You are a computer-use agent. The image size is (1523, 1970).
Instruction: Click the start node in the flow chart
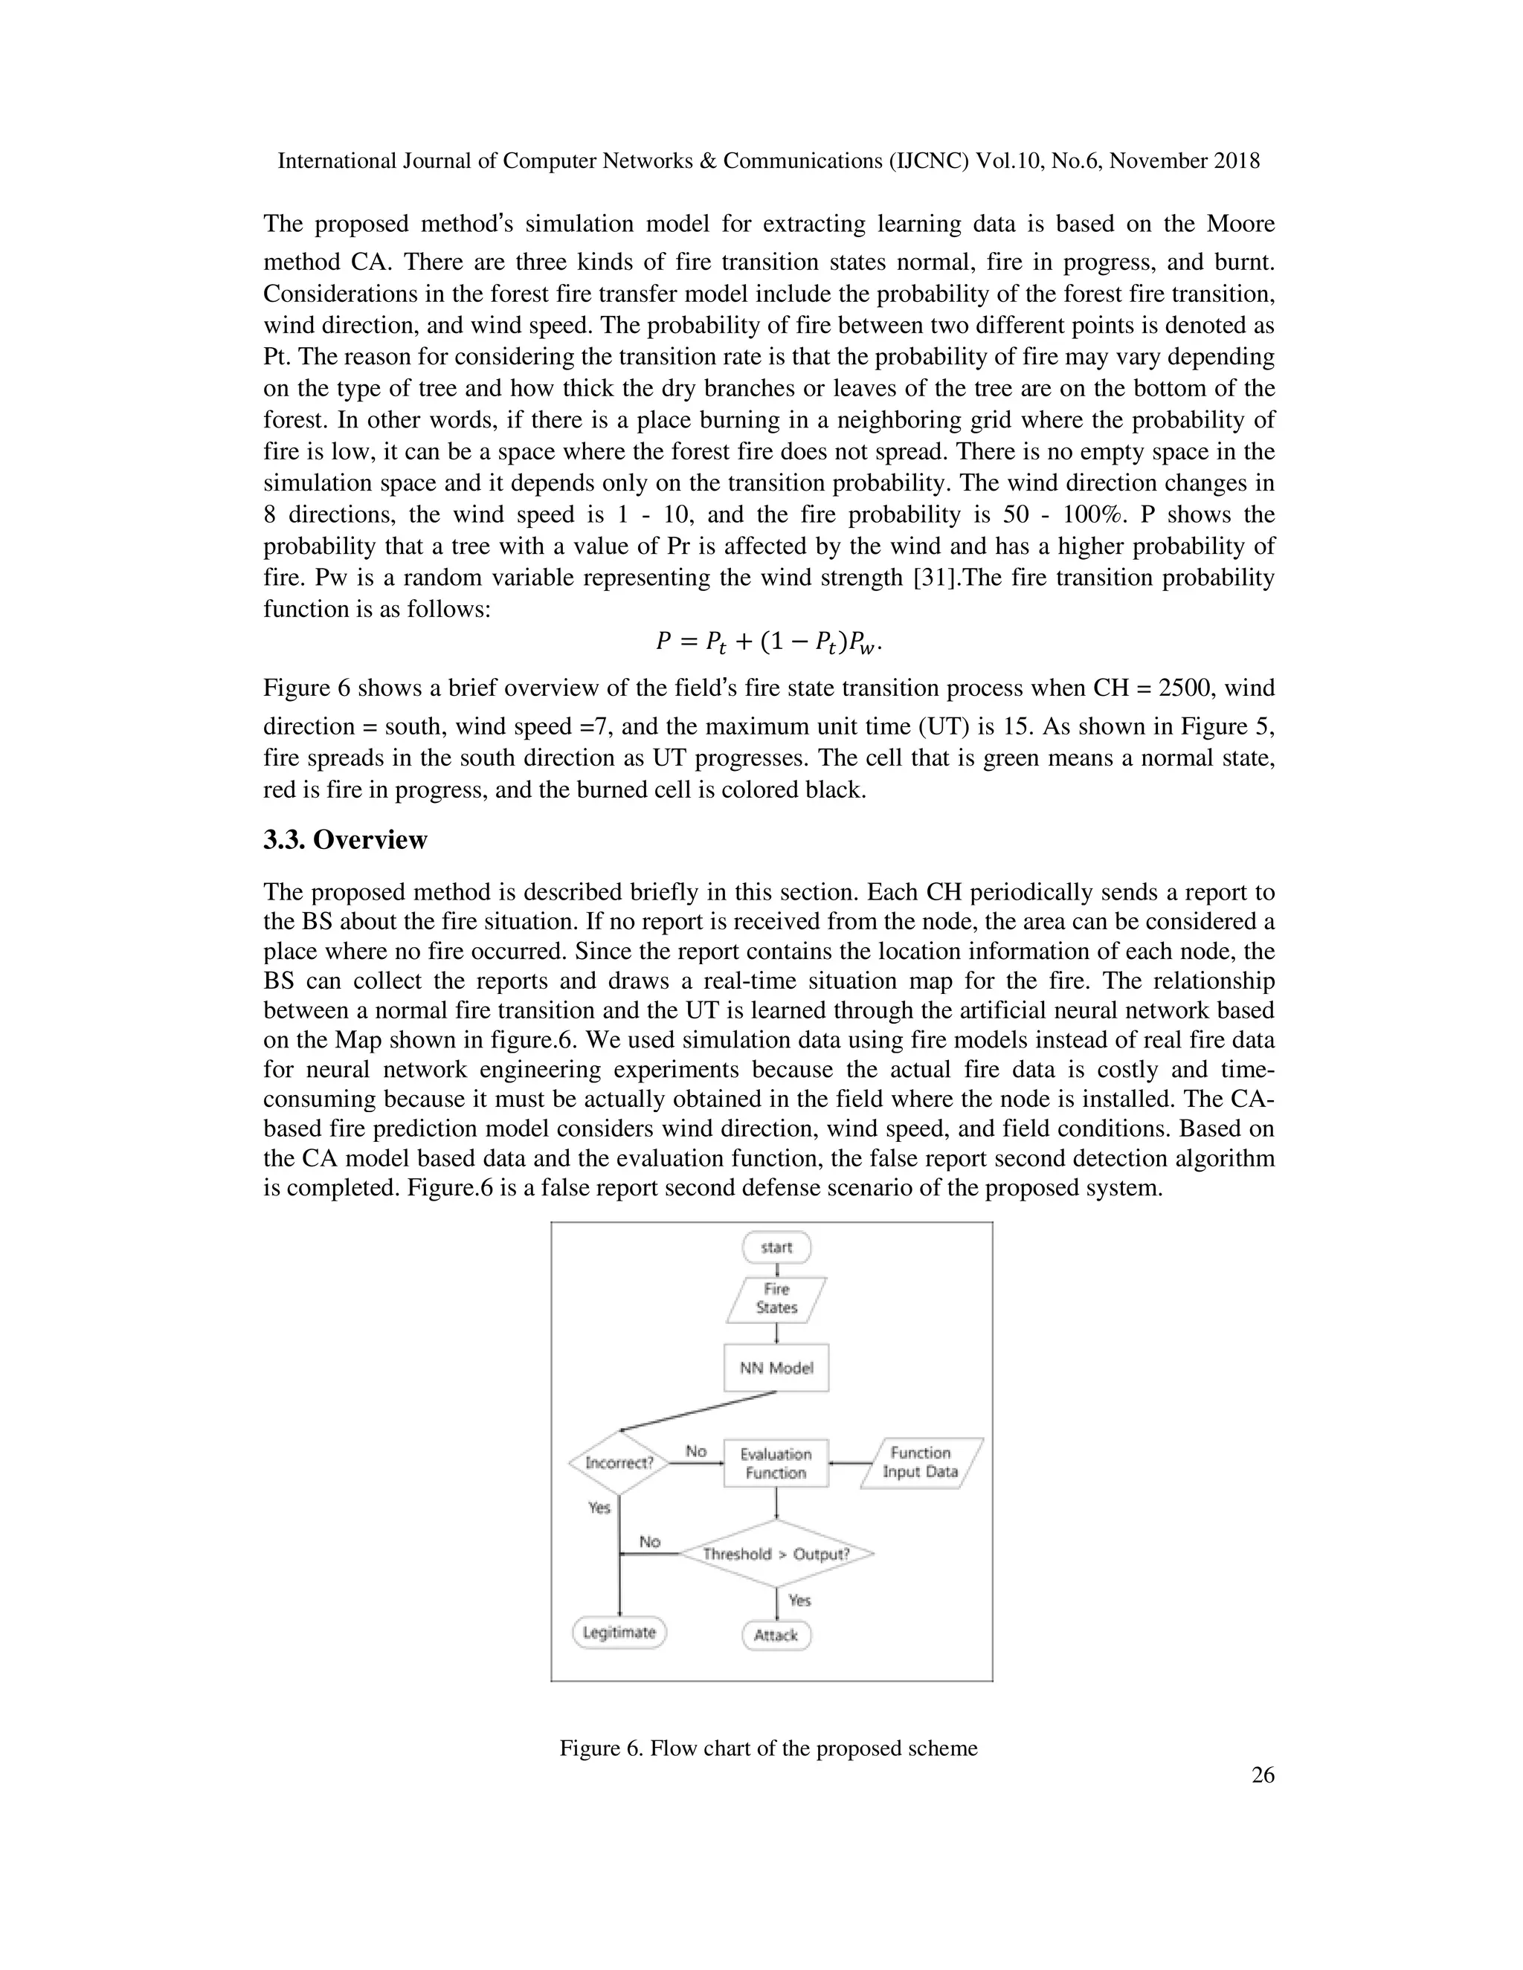776,1247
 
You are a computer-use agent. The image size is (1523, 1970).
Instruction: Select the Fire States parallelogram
776,1299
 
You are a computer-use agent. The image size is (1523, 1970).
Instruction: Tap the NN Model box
776,1367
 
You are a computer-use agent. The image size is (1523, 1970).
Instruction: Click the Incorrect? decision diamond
619,1462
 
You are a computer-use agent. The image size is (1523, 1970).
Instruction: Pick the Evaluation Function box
776,1463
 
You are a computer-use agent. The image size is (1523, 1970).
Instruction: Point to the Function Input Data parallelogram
921,1462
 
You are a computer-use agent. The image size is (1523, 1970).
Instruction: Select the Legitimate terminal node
619,1632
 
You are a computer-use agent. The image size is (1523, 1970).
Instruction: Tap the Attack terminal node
776,1635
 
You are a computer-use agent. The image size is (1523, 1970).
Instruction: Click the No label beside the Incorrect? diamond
695,1451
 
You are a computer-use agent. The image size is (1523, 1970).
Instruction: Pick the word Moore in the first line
1239,224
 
